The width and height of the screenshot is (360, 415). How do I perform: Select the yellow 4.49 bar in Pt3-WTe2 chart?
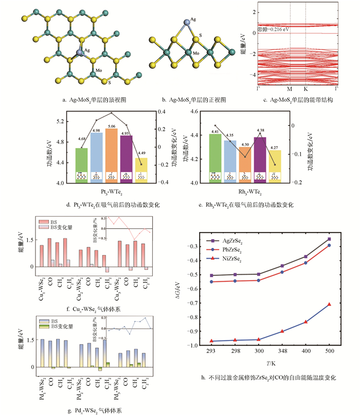[141, 170]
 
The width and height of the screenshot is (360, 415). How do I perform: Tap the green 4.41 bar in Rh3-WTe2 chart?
[215, 157]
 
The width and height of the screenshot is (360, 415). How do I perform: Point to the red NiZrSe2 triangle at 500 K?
[329, 304]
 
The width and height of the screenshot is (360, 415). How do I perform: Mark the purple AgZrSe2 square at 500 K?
[329, 239]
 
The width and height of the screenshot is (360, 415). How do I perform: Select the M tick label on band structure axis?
[290, 89]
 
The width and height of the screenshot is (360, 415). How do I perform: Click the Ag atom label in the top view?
[88, 51]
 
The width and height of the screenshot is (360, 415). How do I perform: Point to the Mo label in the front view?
[196, 53]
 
